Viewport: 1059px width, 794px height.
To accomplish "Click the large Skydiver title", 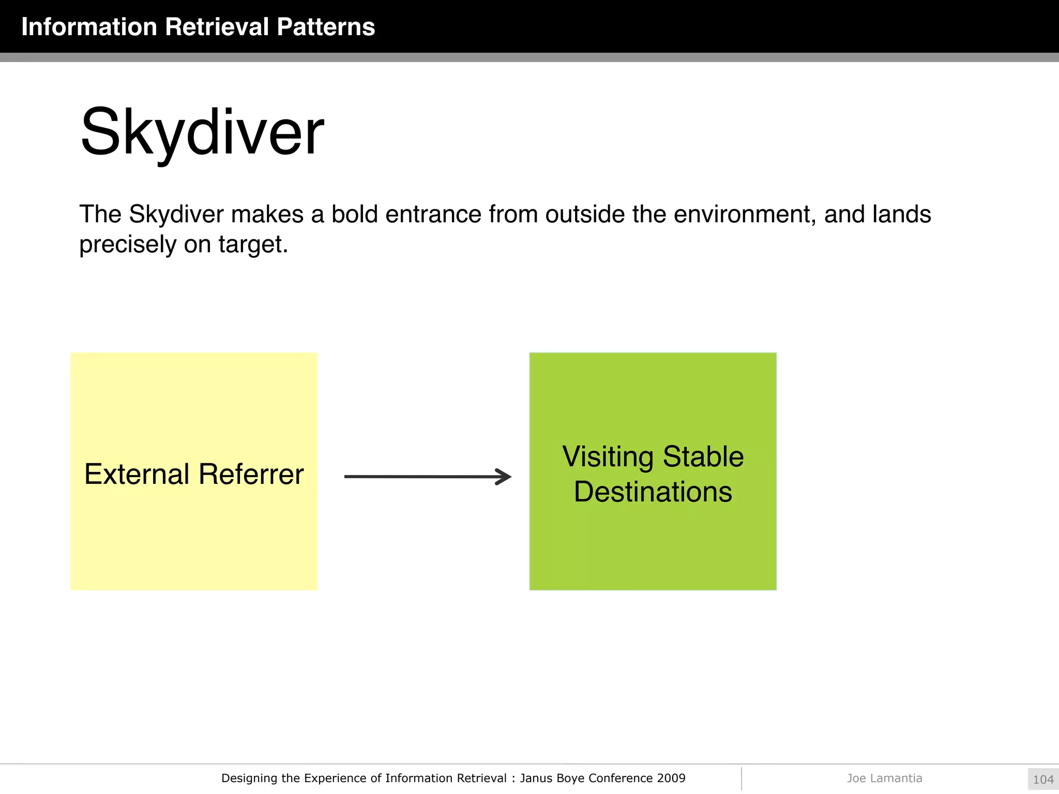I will pos(202,132).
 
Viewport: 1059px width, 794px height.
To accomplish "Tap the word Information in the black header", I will pos(89,27).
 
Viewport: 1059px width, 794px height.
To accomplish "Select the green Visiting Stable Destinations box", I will pos(653,548).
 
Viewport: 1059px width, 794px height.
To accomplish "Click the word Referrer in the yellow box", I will pos(251,474).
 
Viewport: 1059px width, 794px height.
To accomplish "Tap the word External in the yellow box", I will pos(137,474).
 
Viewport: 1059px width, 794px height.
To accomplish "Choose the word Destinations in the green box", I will pos(653,492).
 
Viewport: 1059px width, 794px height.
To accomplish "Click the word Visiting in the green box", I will pos(608,457).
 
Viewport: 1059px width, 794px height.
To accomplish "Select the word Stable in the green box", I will pos(703,457).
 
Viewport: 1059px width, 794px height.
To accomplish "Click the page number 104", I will pos(1043,780).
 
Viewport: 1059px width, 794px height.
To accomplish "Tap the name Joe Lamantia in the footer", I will pos(884,778).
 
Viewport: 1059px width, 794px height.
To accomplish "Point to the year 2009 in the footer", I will pos(671,778).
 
